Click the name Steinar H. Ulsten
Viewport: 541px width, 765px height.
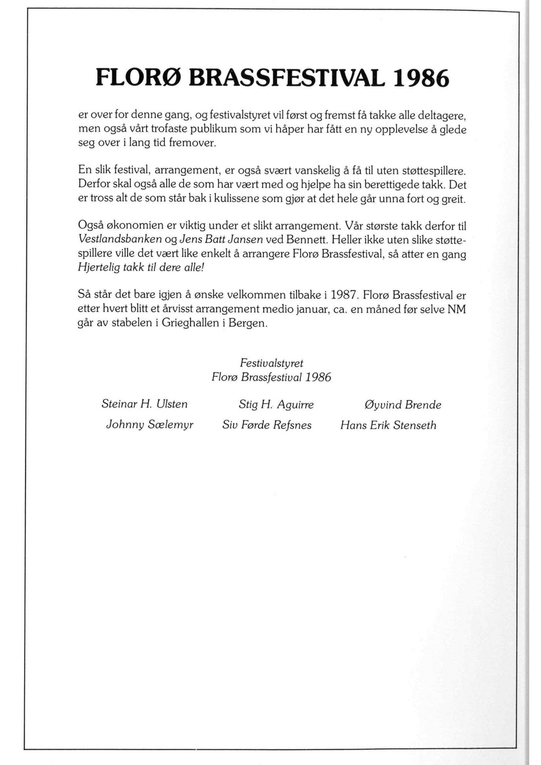coord(144,404)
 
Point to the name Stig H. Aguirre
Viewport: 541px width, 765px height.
coord(276,404)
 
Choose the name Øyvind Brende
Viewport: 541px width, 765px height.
coord(403,404)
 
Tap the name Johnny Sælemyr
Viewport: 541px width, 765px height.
coord(149,425)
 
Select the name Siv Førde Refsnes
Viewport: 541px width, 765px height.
coord(267,425)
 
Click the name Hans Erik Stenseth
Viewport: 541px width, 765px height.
coord(388,425)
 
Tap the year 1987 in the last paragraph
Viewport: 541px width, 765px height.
coord(344,295)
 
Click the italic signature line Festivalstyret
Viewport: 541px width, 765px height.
coord(271,363)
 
